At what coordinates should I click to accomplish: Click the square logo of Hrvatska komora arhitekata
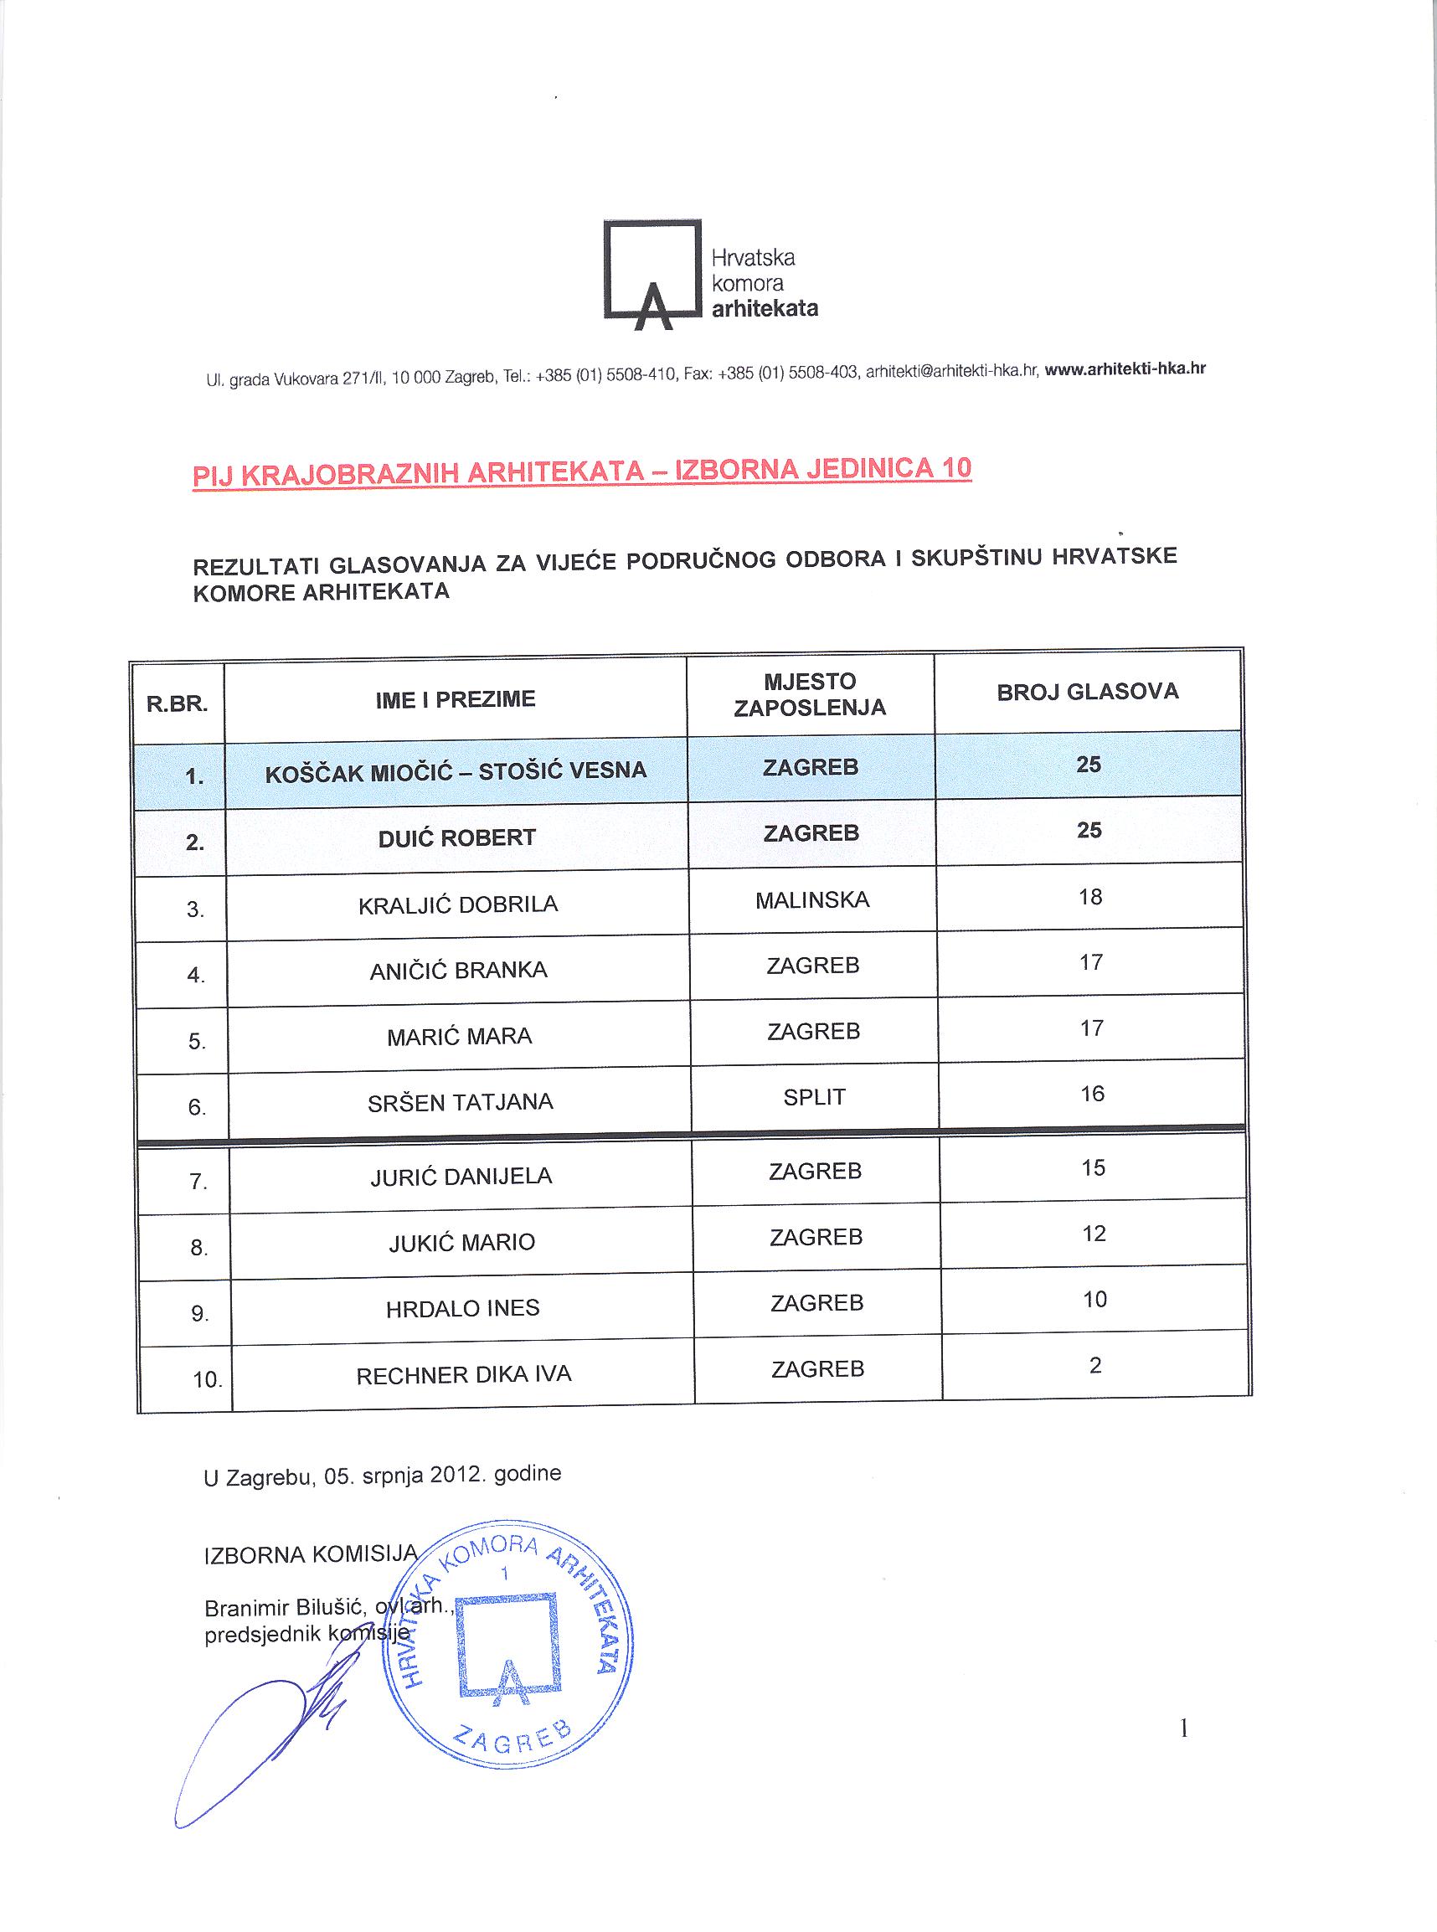(x=652, y=271)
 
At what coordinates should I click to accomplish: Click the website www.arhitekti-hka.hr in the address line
(x=1124, y=368)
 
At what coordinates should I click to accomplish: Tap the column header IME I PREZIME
(x=455, y=699)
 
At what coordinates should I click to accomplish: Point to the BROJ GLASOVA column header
(x=1087, y=693)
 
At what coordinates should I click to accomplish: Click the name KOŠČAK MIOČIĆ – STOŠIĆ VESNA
(x=456, y=771)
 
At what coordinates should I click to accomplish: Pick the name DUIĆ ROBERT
(x=456, y=837)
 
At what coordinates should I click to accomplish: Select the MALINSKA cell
(x=811, y=900)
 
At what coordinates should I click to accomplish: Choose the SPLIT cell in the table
(x=813, y=1097)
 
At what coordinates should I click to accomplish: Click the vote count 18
(x=1090, y=897)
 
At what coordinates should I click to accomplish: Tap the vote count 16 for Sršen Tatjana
(x=1092, y=1094)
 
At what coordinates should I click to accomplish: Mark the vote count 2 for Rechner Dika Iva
(x=1095, y=1365)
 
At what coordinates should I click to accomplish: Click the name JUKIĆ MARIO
(x=461, y=1242)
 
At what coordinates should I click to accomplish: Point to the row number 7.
(x=198, y=1182)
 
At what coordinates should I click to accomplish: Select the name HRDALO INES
(x=463, y=1308)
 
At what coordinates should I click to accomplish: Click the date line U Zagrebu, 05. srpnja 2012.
(x=382, y=1476)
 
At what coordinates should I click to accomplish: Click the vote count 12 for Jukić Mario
(x=1094, y=1234)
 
